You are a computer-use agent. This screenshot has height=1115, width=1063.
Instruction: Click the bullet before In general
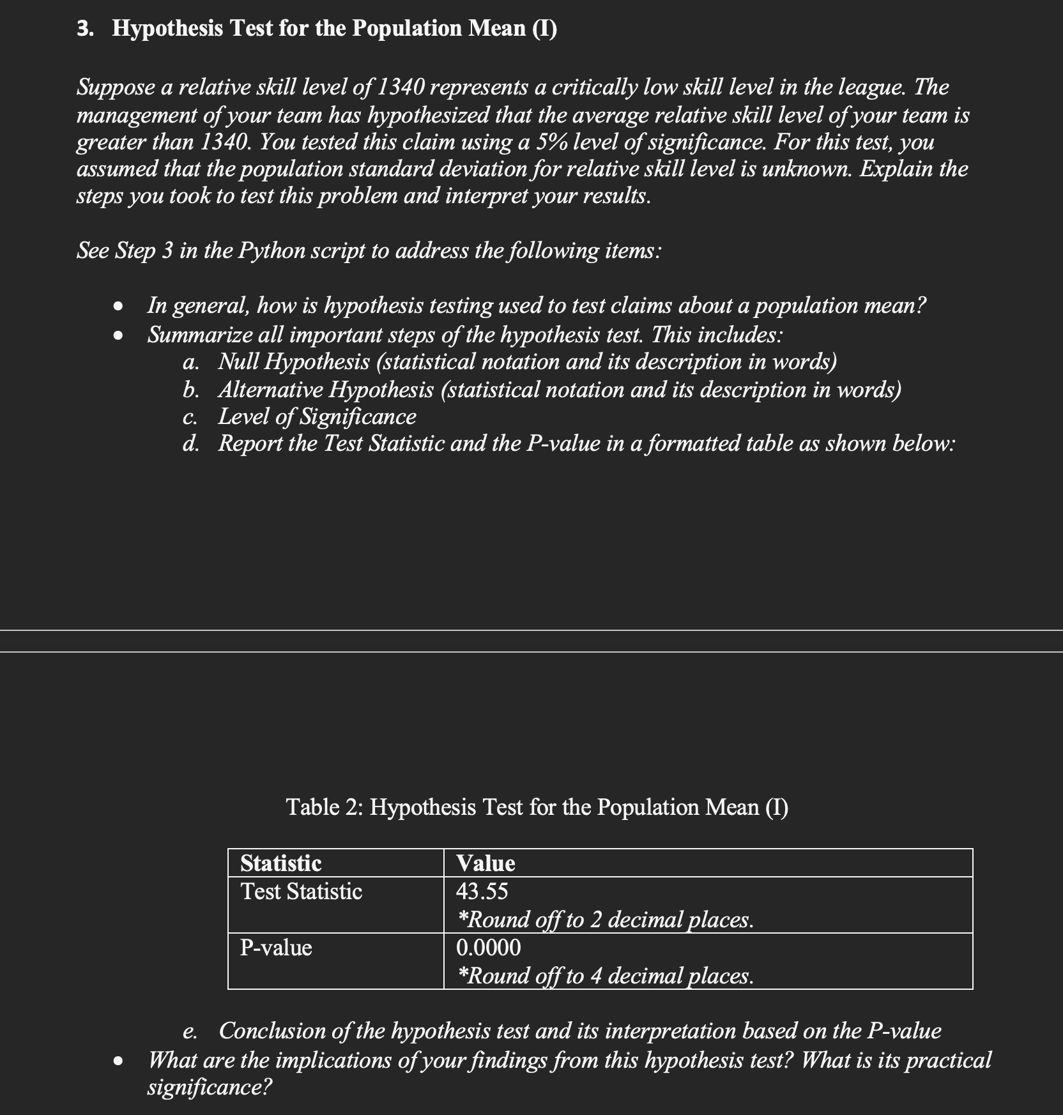(117, 307)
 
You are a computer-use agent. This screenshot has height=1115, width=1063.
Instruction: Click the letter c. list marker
(189, 417)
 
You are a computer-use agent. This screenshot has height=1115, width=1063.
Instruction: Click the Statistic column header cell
(280, 863)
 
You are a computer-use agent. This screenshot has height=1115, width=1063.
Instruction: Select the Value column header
(486, 863)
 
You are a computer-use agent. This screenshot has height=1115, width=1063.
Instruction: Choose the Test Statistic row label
(301, 891)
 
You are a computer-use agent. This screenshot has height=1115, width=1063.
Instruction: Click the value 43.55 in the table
(482, 891)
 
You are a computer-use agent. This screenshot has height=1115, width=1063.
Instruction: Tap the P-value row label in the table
(276, 948)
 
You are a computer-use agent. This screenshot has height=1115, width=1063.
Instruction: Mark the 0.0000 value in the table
(488, 948)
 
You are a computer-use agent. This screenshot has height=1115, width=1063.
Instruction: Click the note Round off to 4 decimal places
(606, 975)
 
